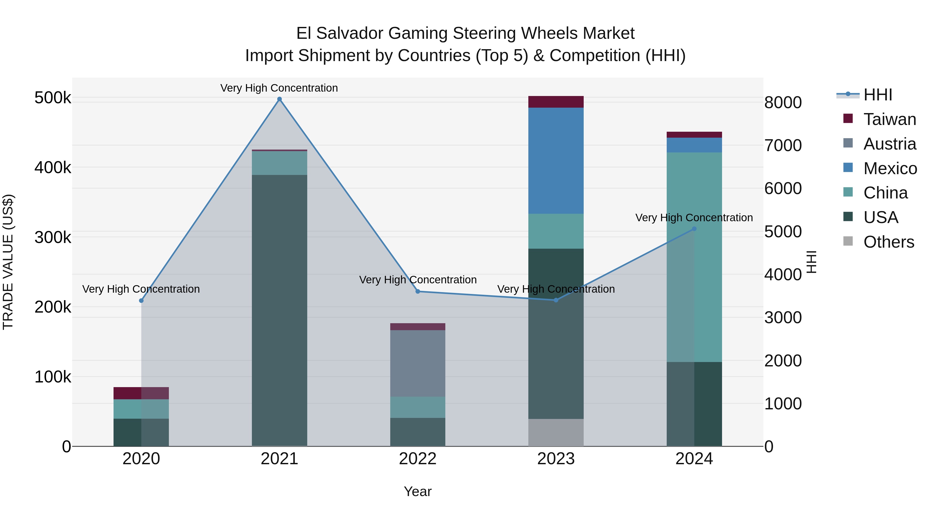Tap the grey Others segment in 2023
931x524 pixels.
556,432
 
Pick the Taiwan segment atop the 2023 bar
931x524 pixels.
556,102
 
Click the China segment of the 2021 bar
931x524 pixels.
279,163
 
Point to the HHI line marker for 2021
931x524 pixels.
279,99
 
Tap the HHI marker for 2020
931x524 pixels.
141,300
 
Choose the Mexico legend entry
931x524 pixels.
890,168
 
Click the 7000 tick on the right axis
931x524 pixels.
783,145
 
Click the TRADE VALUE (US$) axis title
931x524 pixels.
8,262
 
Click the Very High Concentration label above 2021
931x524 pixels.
279,88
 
